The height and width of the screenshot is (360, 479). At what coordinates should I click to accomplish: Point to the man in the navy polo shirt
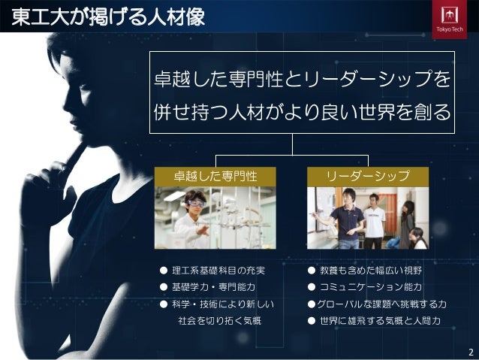tap(349, 219)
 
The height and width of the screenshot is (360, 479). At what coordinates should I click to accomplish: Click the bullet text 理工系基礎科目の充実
tap(218, 271)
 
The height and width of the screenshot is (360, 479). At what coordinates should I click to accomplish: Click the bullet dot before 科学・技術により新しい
tap(161, 304)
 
